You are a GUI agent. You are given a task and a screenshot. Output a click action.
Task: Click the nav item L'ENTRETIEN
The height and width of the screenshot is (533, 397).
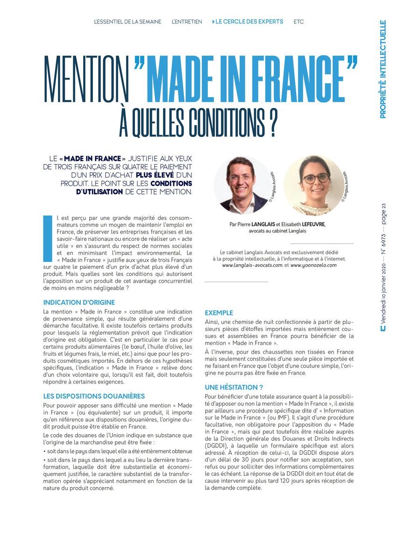coord(187,22)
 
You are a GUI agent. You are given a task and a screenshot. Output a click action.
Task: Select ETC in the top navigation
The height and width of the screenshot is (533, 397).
coord(299,22)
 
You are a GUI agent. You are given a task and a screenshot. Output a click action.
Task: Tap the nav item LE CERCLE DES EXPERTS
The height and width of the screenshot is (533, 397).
coord(249,22)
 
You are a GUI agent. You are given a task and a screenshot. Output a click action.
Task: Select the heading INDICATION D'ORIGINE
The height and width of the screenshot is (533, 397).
coord(79,303)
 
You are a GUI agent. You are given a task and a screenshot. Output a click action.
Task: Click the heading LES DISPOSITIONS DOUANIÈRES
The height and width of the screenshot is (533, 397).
coord(94,396)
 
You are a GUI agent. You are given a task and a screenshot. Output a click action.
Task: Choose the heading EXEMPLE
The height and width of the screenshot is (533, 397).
coord(219,313)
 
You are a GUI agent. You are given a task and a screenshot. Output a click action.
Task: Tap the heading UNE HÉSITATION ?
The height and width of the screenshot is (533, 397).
coord(234,387)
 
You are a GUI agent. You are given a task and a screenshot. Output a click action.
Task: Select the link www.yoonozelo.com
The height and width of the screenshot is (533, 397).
coord(313,265)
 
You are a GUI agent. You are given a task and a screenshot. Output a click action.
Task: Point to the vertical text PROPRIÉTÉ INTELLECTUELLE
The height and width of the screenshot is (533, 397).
coord(383,69)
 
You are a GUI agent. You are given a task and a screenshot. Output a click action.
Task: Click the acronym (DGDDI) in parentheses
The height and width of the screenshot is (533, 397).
coord(217,446)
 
